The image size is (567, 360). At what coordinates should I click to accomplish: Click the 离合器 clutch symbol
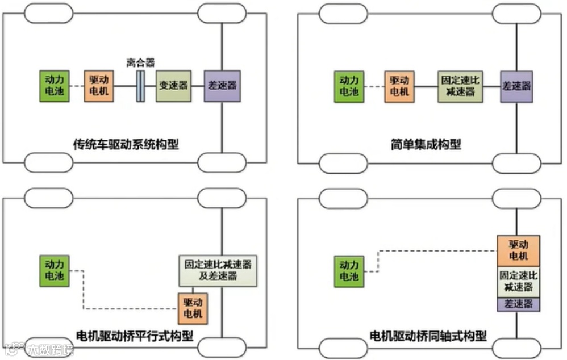click(x=140, y=86)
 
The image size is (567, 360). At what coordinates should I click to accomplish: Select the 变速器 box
click(x=173, y=86)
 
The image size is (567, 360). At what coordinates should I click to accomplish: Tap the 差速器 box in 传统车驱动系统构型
click(x=222, y=86)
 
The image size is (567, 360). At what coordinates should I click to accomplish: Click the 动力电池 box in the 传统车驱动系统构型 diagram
click(x=54, y=86)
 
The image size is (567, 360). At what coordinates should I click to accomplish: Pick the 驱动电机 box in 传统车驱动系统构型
click(x=100, y=86)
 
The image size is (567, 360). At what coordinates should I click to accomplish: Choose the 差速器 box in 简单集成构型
click(x=516, y=86)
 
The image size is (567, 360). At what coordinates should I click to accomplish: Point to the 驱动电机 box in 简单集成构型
click(x=400, y=86)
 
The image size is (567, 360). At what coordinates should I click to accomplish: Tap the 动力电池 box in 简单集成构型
click(x=350, y=86)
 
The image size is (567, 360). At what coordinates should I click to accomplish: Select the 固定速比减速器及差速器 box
click(x=218, y=270)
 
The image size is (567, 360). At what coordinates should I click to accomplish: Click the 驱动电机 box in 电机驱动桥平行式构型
click(x=193, y=308)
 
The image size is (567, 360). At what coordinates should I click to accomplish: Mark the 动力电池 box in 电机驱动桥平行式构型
click(x=54, y=270)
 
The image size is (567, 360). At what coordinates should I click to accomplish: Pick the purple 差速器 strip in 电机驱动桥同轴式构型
click(x=518, y=304)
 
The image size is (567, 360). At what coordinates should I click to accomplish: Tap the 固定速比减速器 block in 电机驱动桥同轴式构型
click(x=518, y=281)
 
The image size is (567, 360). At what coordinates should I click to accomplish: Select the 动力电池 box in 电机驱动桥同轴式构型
click(x=350, y=270)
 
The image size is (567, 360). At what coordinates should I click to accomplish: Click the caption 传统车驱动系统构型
click(x=126, y=144)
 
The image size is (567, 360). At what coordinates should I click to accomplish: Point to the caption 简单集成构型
click(x=422, y=144)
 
